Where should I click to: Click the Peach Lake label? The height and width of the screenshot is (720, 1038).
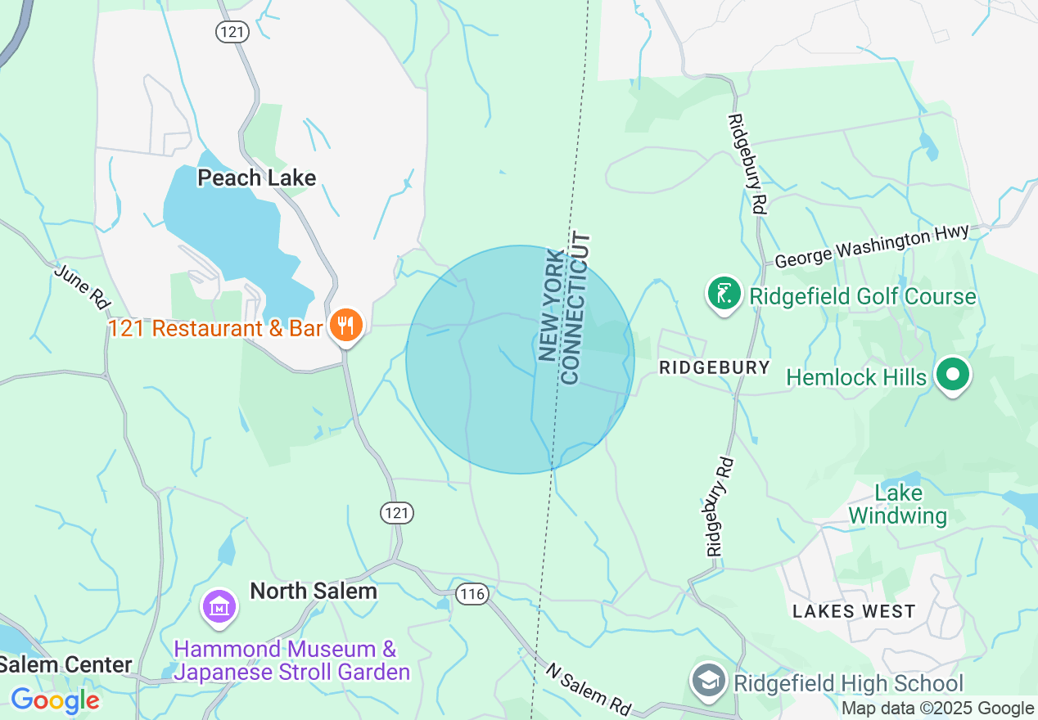(x=256, y=178)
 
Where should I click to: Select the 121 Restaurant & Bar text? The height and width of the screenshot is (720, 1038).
(x=215, y=329)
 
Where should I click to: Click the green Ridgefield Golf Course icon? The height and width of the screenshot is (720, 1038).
(x=724, y=295)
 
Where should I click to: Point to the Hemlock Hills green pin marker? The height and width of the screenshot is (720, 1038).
(x=952, y=376)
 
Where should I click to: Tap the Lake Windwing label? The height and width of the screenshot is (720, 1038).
(x=898, y=505)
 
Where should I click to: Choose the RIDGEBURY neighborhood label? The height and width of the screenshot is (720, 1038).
(x=715, y=367)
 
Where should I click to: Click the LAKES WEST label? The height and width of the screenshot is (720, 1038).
(x=853, y=611)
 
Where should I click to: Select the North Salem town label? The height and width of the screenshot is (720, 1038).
(x=314, y=591)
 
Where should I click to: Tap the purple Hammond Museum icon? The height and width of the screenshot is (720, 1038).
(x=219, y=607)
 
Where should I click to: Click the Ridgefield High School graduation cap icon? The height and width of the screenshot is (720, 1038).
(x=708, y=681)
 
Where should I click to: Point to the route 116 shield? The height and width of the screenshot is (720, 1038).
(x=472, y=594)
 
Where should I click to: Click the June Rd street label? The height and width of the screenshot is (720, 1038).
(x=83, y=286)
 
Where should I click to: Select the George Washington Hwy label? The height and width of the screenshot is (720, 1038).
(x=871, y=247)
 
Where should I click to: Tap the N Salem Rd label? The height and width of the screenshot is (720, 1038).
(x=588, y=686)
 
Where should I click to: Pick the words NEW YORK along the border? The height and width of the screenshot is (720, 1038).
(x=553, y=306)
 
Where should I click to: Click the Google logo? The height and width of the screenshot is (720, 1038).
(x=54, y=700)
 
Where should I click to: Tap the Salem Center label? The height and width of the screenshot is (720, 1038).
(x=65, y=664)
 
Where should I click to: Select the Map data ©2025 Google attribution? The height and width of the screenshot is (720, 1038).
(x=938, y=709)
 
